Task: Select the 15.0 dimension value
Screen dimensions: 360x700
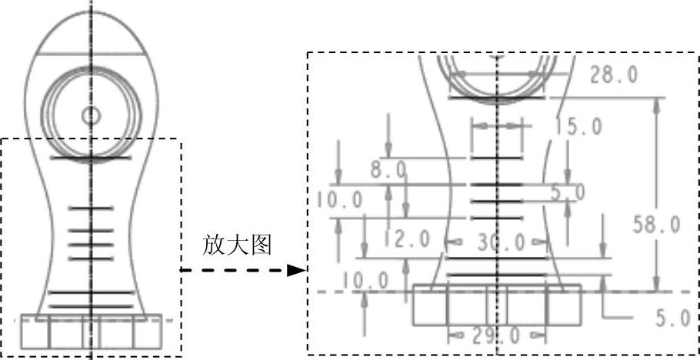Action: click(x=578, y=128)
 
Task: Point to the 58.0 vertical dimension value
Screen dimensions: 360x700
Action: click(x=656, y=225)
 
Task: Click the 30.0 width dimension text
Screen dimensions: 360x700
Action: click(x=500, y=243)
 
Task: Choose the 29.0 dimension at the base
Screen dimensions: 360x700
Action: click(x=497, y=335)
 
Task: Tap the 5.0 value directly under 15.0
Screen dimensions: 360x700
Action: click(x=568, y=192)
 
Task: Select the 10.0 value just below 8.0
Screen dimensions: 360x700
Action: click(x=338, y=200)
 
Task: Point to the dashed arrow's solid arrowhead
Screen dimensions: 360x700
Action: click(x=295, y=270)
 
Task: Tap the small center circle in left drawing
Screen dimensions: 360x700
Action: click(x=91, y=116)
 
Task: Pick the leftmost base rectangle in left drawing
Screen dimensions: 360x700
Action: click(x=35, y=332)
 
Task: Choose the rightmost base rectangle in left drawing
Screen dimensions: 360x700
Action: click(x=147, y=332)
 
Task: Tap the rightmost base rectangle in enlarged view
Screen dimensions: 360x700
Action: click(x=564, y=305)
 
